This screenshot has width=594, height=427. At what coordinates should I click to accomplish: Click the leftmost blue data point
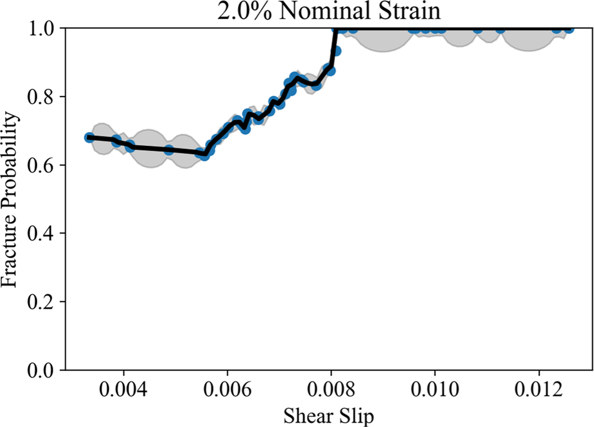tap(90, 137)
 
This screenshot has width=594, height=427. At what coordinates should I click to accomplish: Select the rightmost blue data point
tap(569, 28)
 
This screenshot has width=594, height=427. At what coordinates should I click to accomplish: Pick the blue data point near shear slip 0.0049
tap(169, 150)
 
